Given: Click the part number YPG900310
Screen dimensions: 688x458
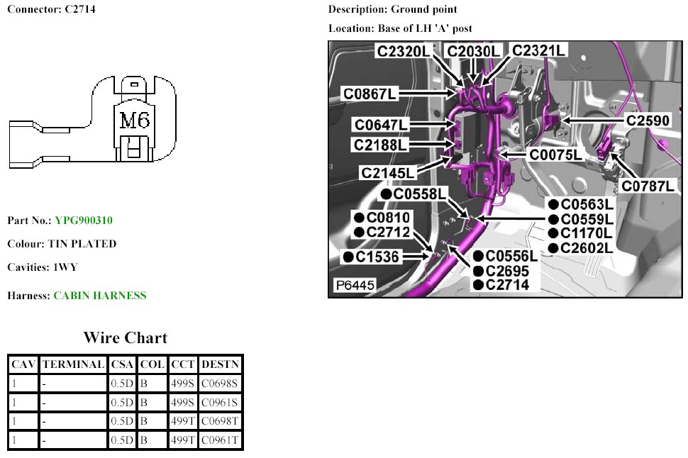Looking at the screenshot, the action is tap(84, 220).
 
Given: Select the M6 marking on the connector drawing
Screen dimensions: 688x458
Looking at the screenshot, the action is tap(135, 121).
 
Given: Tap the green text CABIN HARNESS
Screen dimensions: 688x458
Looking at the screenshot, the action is tap(100, 296).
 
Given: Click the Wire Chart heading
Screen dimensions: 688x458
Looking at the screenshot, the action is tap(126, 337).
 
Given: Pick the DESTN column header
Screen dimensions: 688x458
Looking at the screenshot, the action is tap(221, 364).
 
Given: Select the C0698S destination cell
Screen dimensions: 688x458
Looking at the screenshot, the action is tap(220, 384).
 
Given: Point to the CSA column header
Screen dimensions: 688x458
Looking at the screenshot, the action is tap(123, 364).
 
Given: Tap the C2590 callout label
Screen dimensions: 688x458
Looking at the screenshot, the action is tap(647, 121).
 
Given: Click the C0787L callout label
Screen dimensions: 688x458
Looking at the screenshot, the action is tap(648, 186).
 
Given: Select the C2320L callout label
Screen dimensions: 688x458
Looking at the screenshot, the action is tap(403, 51).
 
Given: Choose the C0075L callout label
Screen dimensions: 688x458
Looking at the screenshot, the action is tap(555, 155).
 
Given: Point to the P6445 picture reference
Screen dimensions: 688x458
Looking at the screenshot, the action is tap(355, 286).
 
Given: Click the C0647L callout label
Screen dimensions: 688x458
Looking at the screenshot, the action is tap(382, 125).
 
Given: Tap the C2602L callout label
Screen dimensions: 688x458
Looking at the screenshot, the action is tap(586, 247).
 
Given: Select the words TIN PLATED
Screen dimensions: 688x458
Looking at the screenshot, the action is tap(82, 244).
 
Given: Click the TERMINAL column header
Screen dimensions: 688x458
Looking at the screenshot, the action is tap(73, 364).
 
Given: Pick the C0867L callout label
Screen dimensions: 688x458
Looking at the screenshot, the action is tap(370, 94).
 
